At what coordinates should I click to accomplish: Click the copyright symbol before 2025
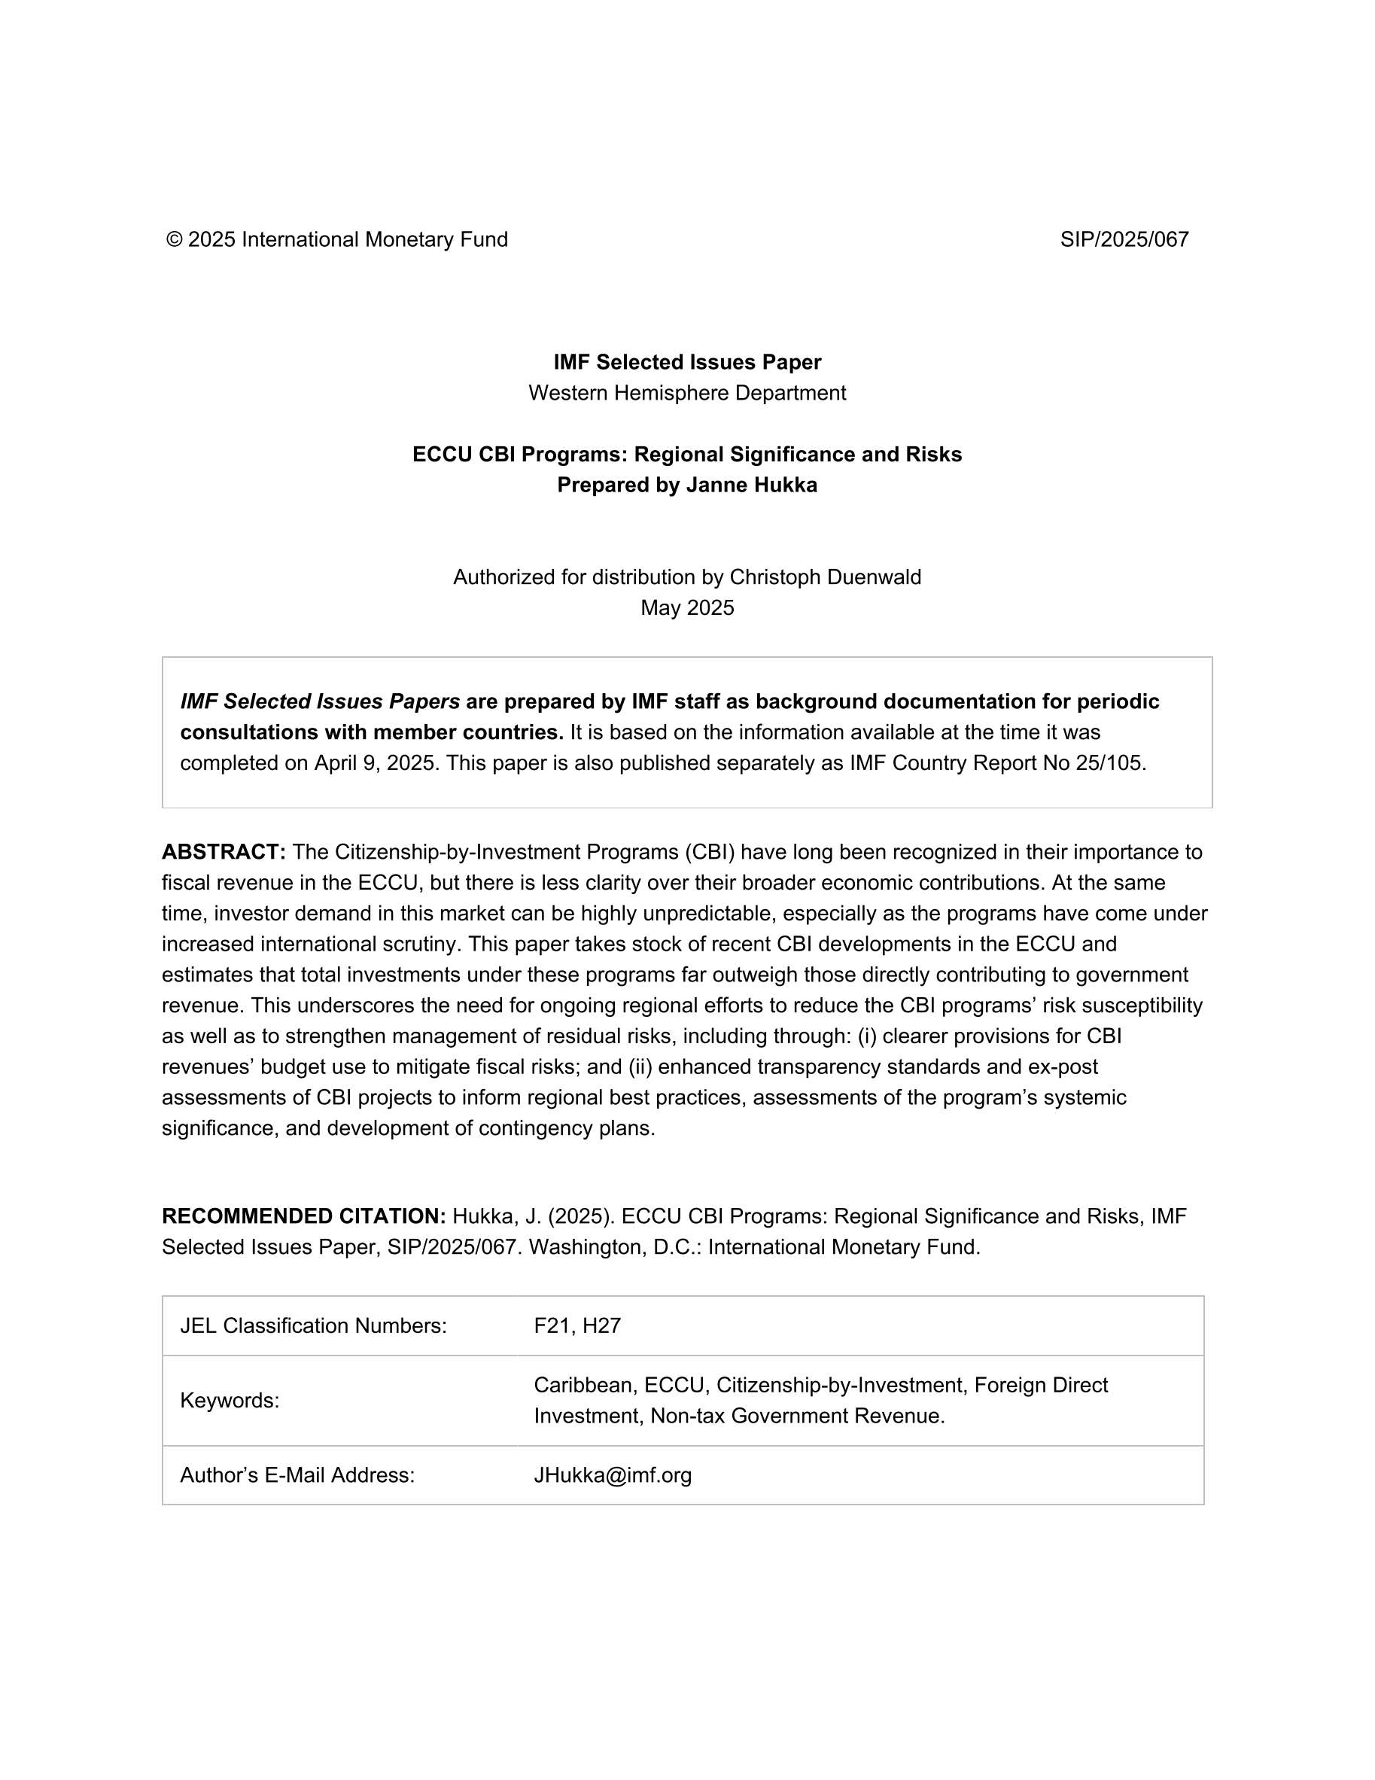pyautogui.click(x=174, y=239)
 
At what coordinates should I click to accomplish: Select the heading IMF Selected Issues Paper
pyautogui.click(x=687, y=362)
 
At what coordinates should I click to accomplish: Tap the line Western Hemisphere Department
pyautogui.click(x=687, y=393)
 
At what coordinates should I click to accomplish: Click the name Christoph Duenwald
pyautogui.click(x=825, y=577)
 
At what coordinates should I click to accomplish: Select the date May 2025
pyautogui.click(x=687, y=608)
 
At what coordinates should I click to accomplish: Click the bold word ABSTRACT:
pyautogui.click(x=224, y=852)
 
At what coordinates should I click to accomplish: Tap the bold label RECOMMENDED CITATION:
pyautogui.click(x=303, y=1216)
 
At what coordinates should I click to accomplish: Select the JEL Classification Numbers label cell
pyautogui.click(x=313, y=1326)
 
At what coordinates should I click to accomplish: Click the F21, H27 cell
pyautogui.click(x=577, y=1326)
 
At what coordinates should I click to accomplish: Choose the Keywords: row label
pyautogui.click(x=229, y=1400)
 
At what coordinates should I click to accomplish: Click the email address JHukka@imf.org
pyautogui.click(x=612, y=1475)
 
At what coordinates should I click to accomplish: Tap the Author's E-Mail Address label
pyautogui.click(x=297, y=1475)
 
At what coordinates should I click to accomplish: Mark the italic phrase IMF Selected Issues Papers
pyautogui.click(x=320, y=701)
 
